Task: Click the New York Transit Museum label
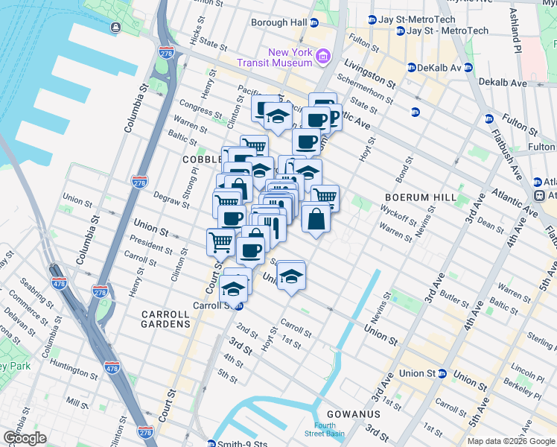coord(290,57)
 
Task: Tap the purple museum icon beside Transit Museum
coord(323,56)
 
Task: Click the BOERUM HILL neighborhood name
coord(414,197)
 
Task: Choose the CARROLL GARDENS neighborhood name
coord(166,320)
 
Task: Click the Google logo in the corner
coord(25,438)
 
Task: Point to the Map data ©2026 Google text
coord(510,441)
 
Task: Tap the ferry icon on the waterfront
coord(116,28)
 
